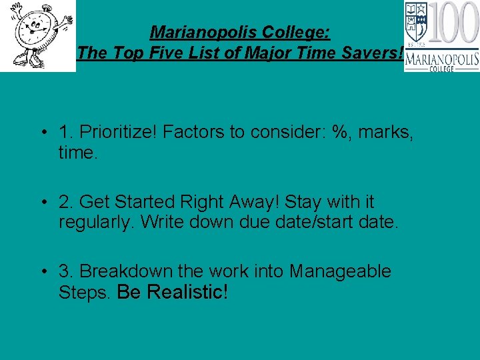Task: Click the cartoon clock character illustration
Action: pyautogui.click(x=37, y=35)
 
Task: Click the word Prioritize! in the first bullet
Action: pyautogui.click(x=116, y=133)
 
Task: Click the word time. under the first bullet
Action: pyautogui.click(x=78, y=153)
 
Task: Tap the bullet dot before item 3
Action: pyautogui.click(x=42, y=272)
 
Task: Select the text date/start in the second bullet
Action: pyautogui.click(x=313, y=222)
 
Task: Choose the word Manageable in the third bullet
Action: pyautogui.click(x=340, y=271)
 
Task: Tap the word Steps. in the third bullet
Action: pyautogui.click(x=85, y=292)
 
